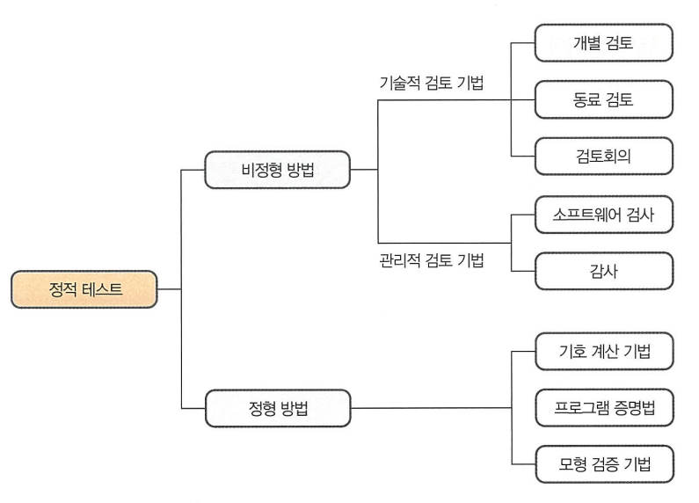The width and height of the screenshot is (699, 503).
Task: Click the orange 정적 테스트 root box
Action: click(84, 289)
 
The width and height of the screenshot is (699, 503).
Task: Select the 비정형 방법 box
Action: click(277, 169)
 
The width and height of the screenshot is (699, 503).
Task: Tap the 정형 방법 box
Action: click(277, 408)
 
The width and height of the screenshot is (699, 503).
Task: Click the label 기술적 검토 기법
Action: click(430, 84)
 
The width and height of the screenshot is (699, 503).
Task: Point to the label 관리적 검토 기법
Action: click(430, 260)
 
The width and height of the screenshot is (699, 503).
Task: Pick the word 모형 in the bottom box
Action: click(572, 463)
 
